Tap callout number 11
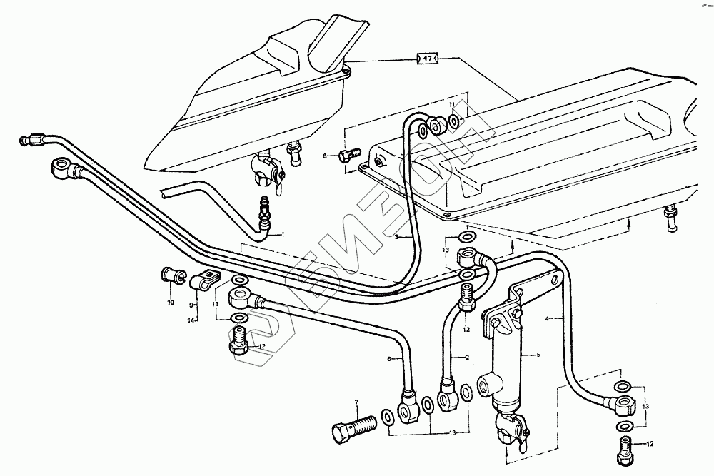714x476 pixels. pyautogui.click(x=451, y=106)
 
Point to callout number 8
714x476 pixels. pyautogui.click(x=325, y=155)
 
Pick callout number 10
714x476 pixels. pyautogui.click(x=171, y=303)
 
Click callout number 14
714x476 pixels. pyautogui.click(x=191, y=322)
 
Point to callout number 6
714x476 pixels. pyautogui.click(x=390, y=360)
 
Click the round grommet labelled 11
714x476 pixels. pyautogui.click(x=436, y=127)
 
